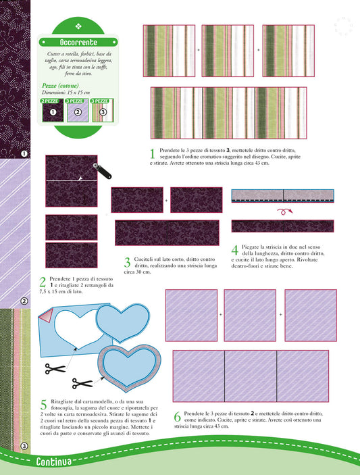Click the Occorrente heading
point(78,42)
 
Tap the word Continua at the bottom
point(54,461)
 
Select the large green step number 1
point(153,154)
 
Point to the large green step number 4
point(235,251)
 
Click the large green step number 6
point(178,417)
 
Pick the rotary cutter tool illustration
point(103,170)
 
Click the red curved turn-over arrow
point(284,211)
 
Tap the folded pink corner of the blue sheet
point(47,315)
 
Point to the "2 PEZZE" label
point(50,101)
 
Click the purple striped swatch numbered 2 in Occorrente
point(78,111)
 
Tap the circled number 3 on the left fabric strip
point(24,446)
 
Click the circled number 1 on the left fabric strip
point(24,153)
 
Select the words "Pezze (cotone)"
point(60,86)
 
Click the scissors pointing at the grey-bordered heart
point(82,384)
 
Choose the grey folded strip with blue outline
point(283,196)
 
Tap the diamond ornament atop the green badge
point(78,26)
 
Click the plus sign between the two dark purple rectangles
point(166,201)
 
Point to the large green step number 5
point(44,405)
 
